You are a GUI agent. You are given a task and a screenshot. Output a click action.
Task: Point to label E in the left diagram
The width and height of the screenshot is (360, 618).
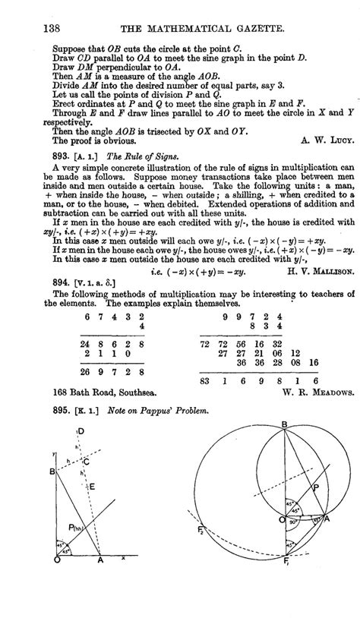click(91, 507)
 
